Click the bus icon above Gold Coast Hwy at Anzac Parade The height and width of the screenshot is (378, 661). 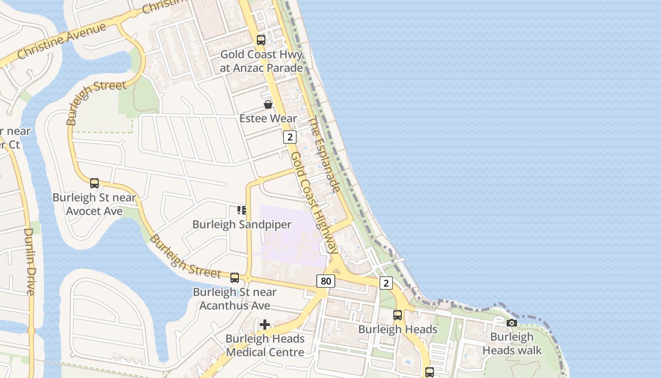coord(261,40)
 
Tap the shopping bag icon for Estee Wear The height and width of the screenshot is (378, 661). coord(268,104)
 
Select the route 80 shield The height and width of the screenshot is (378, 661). coord(326,281)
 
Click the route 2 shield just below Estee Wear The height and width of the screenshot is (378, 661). coord(290,137)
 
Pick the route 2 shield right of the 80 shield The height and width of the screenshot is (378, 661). coord(386,283)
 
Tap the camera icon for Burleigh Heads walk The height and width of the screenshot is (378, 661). coord(511,323)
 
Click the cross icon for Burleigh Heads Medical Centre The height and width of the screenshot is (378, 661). coord(265,324)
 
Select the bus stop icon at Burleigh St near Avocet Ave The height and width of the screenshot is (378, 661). coord(94,183)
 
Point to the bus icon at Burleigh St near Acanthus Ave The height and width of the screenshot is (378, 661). coord(235,277)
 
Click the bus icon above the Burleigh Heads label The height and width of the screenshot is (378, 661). coord(398,315)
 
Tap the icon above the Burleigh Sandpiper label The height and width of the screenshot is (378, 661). coord(242,210)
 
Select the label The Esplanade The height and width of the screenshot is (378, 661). coord(324,155)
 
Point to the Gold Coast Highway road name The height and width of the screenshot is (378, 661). coord(314,203)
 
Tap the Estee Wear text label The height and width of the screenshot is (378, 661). coord(268,118)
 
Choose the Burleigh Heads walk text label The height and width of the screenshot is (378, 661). coord(512,344)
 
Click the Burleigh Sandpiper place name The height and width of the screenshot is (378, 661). coord(242,224)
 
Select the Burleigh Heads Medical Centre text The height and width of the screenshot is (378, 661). coord(265,345)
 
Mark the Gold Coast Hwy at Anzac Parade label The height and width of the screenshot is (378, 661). coord(261,61)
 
